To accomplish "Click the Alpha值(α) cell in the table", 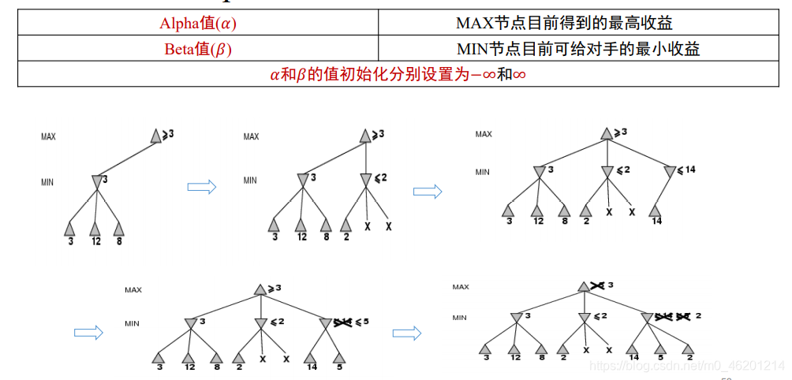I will [x=198, y=23].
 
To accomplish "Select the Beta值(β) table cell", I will [x=198, y=49].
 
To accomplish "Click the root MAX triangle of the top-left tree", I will [x=156, y=136].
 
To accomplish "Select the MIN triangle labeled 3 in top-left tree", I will [x=96, y=182].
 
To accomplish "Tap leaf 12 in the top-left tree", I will [x=95, y=229].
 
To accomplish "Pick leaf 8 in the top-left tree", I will [x=118, y=229].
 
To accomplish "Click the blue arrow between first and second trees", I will [x=201, y=186].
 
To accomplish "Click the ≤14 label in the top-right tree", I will [x=687, y=170].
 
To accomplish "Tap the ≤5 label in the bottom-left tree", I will [x=361, y=322].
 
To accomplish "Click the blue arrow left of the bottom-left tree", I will [x=88, y=333].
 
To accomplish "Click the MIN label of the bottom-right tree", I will [x=460, y=318].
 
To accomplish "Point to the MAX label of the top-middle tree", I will [x=251, y=136].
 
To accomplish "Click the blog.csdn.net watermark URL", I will [x=686, y=366].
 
